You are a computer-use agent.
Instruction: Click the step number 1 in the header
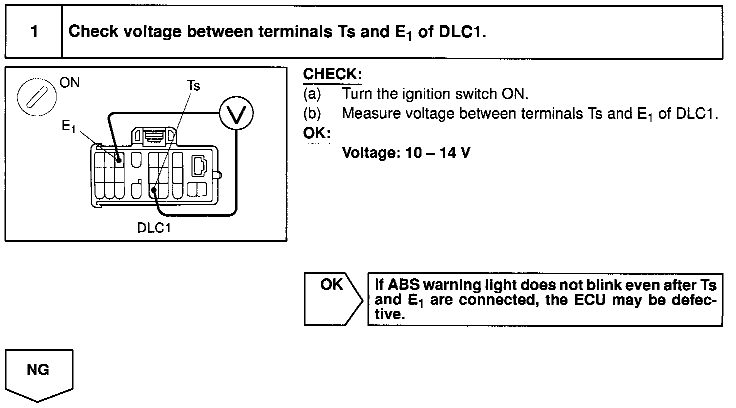pyautogui.click(x=34, y=32)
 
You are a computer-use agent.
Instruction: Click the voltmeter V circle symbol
pyautogui.click(x=237, y=114)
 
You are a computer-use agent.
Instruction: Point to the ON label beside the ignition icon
pyautogui.click(x=69, y=82)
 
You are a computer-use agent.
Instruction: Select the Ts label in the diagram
pyautogui.click(x=193, y=86)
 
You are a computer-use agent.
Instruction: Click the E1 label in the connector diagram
pyautogui.click(x=68, y=127)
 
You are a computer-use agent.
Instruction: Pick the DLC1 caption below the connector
pyautogui.click(x=154, y=228)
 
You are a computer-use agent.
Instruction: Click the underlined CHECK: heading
pyautogui.click(x=332, y=74)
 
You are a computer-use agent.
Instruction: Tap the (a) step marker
pyautogui.click(x=312, y=94)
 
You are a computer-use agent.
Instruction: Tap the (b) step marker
pyautogui.click(x=312, y=113)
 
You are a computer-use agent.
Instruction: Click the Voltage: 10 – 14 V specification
pyautogui.click(x=405, y=152)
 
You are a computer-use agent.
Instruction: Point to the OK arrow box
pyautogui.click(x=332, y=299)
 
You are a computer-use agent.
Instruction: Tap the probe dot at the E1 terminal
pyautogui.click(x=119, y=160)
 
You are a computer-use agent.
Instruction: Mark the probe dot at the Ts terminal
pyautogui.click(x=155, y=190)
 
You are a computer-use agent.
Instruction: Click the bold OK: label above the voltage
pyautogui.click(x=316, y=133)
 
